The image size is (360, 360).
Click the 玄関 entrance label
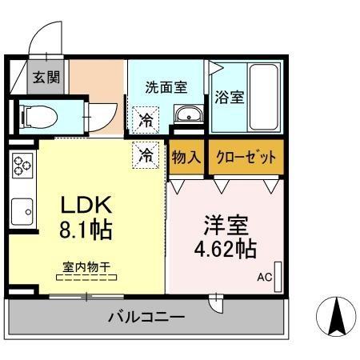(x=41, y=78)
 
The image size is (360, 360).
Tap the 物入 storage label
(x=186, y=158)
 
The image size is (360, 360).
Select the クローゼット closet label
(x=246, y=158)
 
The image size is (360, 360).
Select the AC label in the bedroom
(x=264, y=278)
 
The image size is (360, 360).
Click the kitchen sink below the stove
(x=22, y=211)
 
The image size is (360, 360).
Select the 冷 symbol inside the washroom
(x=146, y=121)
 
